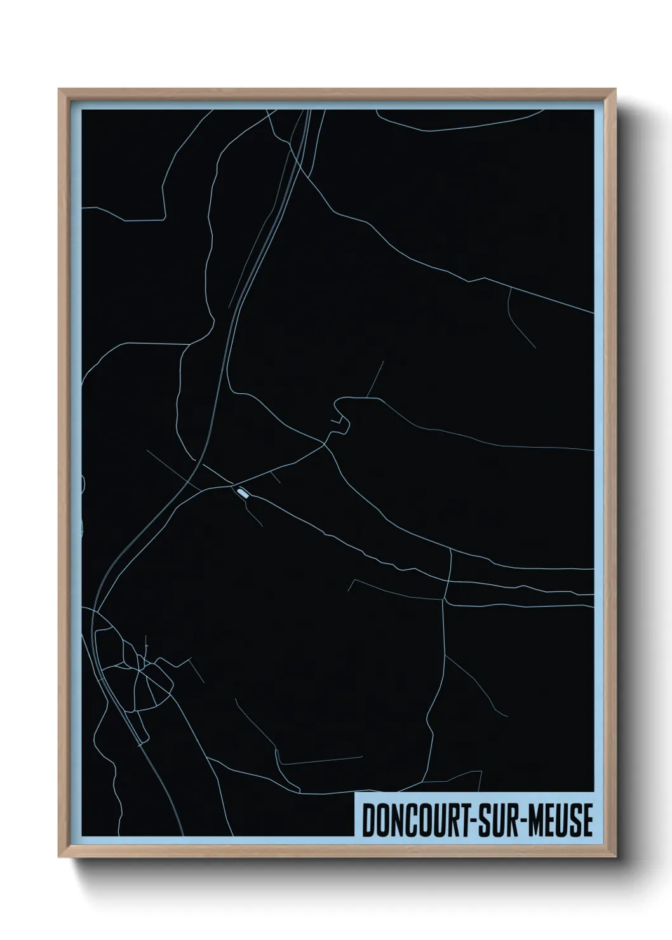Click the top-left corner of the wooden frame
click(x=59, y=90)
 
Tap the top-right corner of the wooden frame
click(x=617, y=90)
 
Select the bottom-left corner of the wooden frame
click(x=59, y=857)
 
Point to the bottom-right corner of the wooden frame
click(x=617, y=857)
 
